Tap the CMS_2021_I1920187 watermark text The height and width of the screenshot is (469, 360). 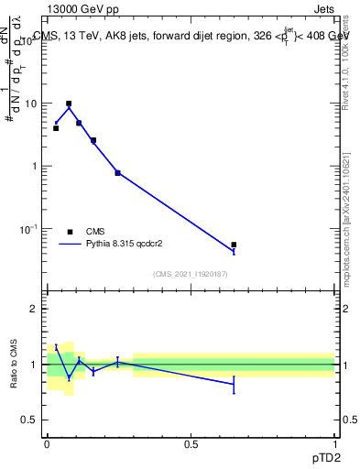(191, 274)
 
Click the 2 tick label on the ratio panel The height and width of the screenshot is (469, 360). (35, 309)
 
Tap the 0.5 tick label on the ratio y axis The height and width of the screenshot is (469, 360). (30, 420)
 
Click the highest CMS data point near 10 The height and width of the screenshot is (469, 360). (69, 104)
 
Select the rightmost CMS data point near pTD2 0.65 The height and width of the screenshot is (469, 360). (234, 245)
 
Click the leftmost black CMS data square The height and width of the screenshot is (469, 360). (56, 128)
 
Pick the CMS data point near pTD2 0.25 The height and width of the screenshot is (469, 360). (117, 172)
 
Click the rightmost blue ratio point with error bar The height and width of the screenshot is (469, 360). (234, 385)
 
